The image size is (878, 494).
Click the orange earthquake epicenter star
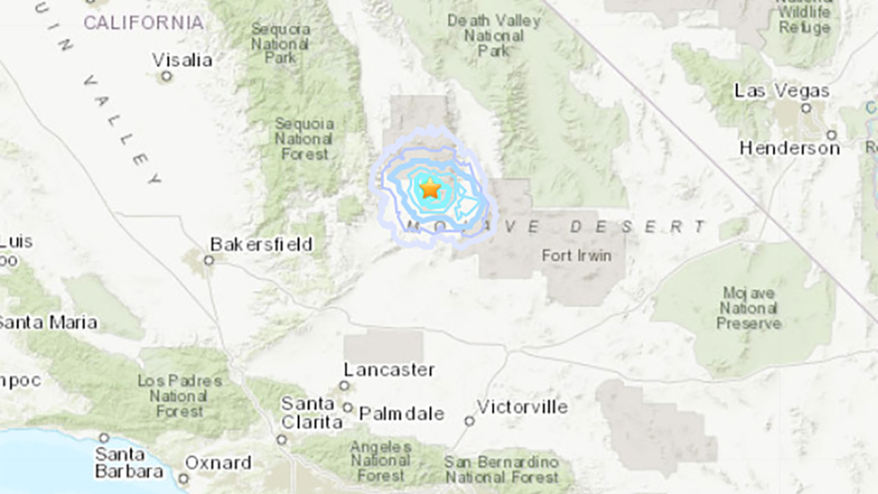tap(430, 189)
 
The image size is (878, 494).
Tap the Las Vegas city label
tap(782, 91)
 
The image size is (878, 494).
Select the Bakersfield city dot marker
tap(209, 260)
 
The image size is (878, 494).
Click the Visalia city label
tap(182, 60)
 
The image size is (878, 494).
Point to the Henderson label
tap(790, 148)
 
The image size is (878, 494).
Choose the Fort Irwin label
tap(576, 255)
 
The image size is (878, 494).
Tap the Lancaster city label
tap(389, 369)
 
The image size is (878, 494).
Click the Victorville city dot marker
tap(469, 421)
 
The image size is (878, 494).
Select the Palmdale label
tap(402, 413)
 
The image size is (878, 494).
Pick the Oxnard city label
tap(218, 463)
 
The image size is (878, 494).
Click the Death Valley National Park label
tap(494, 36)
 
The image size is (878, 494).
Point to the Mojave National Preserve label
tap(748, 308)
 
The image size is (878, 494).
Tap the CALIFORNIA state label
tap(144, 23)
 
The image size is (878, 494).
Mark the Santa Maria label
tap(48, 322)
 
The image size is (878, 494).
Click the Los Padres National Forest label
tap(179, 396)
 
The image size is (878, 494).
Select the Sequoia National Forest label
tap(304, 139)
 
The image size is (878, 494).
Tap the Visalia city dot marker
tap(166, 76)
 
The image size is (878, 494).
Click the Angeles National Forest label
tap(381, 461)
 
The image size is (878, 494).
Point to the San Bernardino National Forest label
tap(502, 470)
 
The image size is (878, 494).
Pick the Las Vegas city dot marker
tap(806, 108)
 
